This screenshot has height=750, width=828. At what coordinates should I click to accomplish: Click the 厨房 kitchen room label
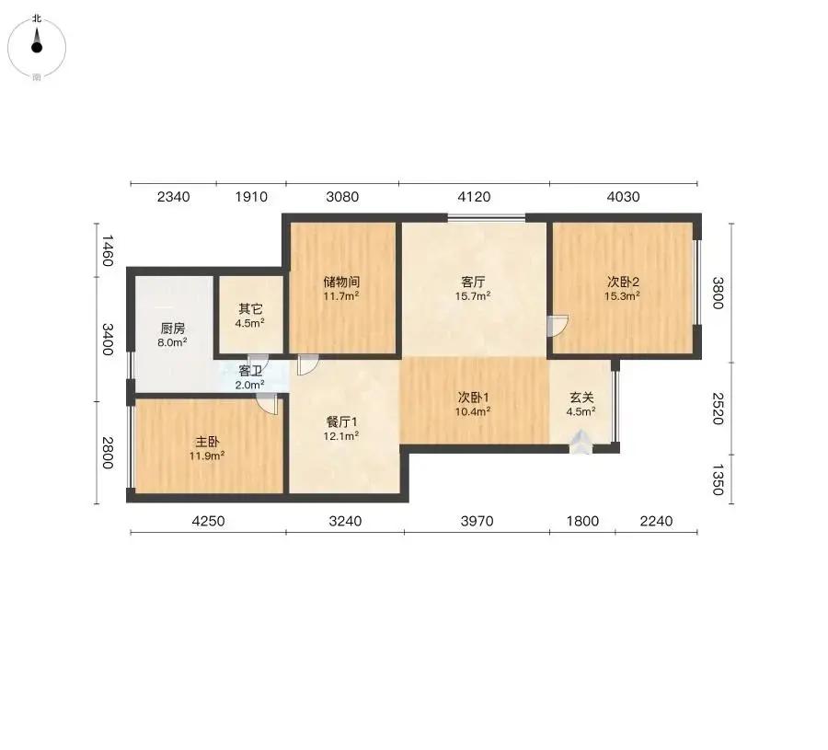[x=173, y=329]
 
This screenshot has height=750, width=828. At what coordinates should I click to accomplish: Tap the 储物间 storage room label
[x=341, y=282]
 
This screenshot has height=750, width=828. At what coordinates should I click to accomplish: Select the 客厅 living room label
[x=473, y=282]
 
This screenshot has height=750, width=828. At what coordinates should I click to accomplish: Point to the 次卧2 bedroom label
[x=623, y=282]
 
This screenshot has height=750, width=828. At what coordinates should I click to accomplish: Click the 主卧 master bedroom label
[x=207, y=441]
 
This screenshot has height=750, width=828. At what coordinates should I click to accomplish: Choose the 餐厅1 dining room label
[x=341, y=421]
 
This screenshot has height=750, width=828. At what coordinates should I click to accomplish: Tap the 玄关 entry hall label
[x=581, y=397]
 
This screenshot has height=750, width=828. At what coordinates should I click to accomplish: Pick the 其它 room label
[x=250, y=308]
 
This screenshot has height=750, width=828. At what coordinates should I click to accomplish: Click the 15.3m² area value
[x=623, y=295]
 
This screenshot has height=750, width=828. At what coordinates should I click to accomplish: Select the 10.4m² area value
[x=473, y=411]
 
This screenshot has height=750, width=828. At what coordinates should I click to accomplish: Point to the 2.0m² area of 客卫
[x=249, y=385]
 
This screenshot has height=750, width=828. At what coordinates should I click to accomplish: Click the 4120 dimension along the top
[x=474, y=197]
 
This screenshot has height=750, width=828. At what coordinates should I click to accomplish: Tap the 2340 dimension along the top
[x=173, y=197]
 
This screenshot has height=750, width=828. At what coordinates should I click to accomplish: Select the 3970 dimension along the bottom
[x=477, y=521]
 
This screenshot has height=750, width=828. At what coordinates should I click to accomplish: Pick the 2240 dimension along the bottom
[x=656, y=521]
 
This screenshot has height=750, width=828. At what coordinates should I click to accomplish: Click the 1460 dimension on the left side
[x=108, y=250]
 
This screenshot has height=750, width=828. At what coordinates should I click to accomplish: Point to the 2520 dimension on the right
[x=717, y=409]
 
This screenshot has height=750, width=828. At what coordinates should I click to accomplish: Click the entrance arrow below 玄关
[x=581, y=443]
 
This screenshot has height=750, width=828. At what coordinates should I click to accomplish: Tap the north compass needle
[x=37, y=40]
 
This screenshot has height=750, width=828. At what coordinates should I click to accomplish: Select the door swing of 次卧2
[x=558, y=326]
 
